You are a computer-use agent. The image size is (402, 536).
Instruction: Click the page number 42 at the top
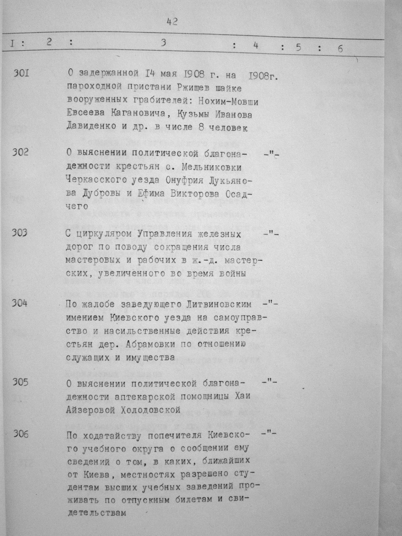172,22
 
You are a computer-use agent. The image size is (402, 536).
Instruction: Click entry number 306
21,434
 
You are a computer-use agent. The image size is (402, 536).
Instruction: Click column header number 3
163,43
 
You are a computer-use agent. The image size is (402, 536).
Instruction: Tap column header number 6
340,49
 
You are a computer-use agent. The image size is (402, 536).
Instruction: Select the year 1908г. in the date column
263,75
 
